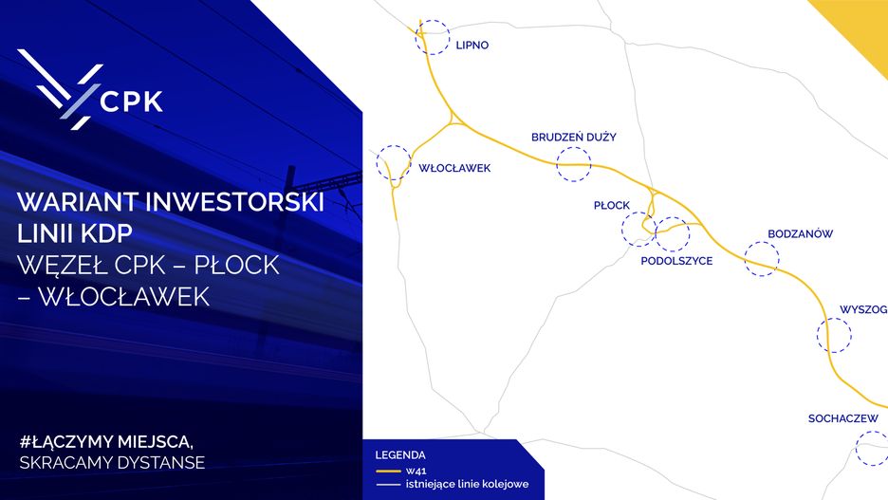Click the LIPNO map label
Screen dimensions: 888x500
click(472, 46)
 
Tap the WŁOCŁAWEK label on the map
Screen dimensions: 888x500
click(454, 168)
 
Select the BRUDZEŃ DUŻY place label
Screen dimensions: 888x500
click(573, 137)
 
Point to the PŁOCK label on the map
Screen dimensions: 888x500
click(612, 206)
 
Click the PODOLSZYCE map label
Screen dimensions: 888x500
click(676, 261)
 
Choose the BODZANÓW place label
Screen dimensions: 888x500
click(800, 233)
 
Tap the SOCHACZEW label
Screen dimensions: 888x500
click(842, 418)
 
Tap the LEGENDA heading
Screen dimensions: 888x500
click(400, 455)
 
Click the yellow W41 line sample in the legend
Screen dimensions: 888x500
click(389, 472)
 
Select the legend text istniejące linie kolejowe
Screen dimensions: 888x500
click(467, 484)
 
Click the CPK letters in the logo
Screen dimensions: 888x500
click(131, 102)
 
